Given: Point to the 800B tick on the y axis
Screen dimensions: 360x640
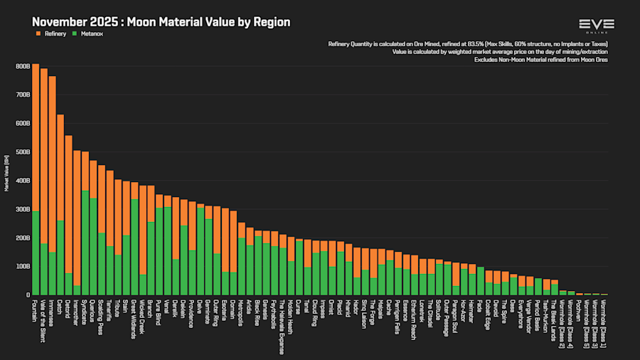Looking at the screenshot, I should (x=21, y=66).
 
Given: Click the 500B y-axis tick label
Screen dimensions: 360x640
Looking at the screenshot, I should (x=21, y=152).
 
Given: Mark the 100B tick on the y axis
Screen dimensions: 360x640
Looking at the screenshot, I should (x=21, y=266).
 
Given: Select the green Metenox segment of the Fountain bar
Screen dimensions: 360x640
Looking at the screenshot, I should (x=36, y=253).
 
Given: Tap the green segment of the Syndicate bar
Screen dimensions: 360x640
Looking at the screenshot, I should (x=85, y=243).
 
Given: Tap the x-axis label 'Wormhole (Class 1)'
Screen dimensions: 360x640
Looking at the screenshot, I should (x=604, y=324).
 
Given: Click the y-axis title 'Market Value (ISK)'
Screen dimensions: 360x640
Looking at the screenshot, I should (x=6, y=174).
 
